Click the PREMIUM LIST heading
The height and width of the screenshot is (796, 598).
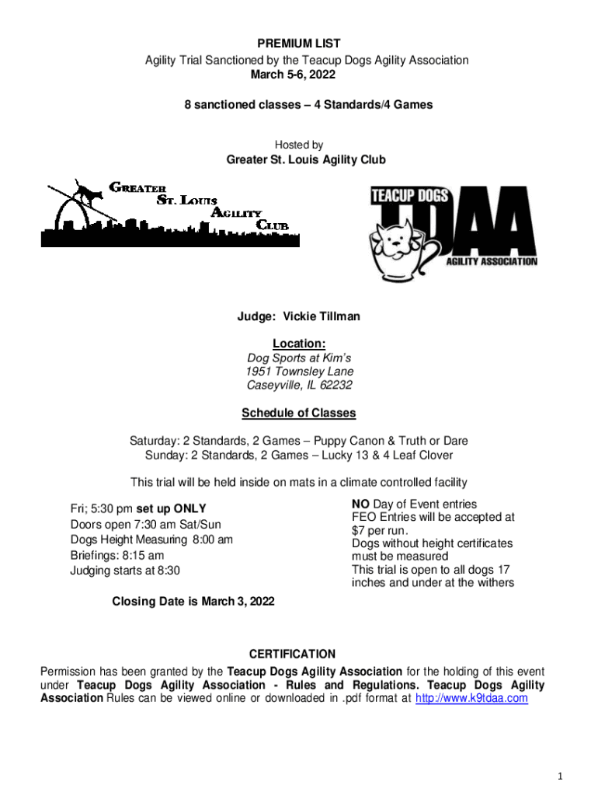pyautogui.click(x=299, y=44)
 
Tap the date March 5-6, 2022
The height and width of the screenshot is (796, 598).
pyautogui.click(x=299, y=75)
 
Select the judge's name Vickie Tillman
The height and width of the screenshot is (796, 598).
pyautogui.click(x=321, y=317)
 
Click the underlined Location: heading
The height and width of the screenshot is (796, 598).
pyautogui.click(x=299, y=344)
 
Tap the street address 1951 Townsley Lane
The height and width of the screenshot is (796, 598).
pyautogui.click(x=299, y=372)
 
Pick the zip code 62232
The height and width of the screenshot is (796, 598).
pyautogui.click(x=335, y=385)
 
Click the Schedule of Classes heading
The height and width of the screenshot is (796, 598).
pyautogui.click(x=299, y=413)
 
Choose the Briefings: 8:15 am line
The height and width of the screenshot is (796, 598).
pyautogui.click(x=117, y=555)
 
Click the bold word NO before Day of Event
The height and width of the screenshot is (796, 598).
pyautogui.click(x=361, y=504)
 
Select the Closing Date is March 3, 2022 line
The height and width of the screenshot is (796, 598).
pyautogui.click(x=193, y=601)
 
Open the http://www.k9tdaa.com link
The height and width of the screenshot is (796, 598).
pyautogui.click(x=472, y=698)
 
